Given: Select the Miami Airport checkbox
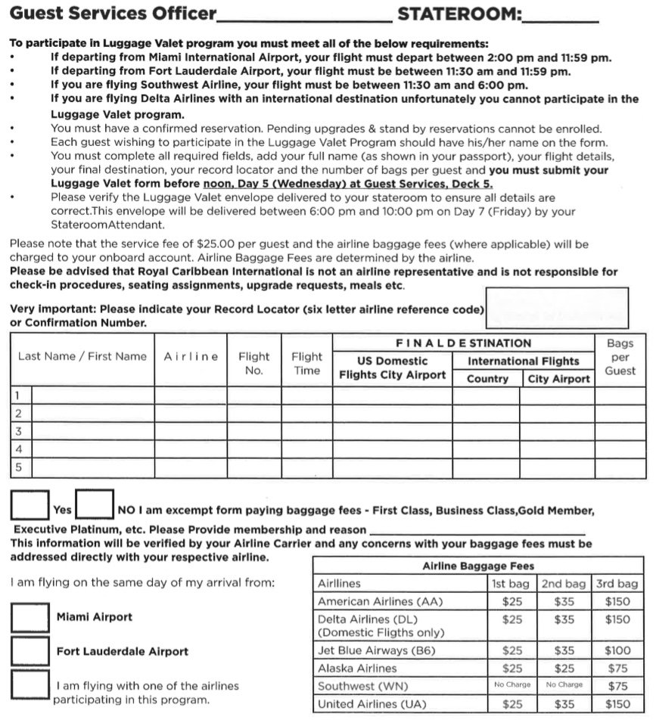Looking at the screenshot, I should tap(30, 617).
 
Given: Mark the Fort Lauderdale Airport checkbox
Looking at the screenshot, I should tap(30, 651).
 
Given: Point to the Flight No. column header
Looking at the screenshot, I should tap(253, 363).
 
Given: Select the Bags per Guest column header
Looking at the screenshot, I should tap(620, 357).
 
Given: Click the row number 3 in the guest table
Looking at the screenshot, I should tap(18, 431).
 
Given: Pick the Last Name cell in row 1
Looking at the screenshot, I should tap(91, 395).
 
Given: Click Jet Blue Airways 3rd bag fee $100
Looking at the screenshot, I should tap(617, 650).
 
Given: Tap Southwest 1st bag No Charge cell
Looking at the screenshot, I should tap(512, 685).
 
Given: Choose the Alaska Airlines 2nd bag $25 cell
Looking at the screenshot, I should tap(564, 668).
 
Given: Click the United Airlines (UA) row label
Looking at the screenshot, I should tap(372, 704).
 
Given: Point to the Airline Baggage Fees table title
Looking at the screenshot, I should tap(477, 566).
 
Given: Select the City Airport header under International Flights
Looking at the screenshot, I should tap(558, 379).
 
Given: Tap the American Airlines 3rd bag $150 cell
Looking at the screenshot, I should tap(617, 602).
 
